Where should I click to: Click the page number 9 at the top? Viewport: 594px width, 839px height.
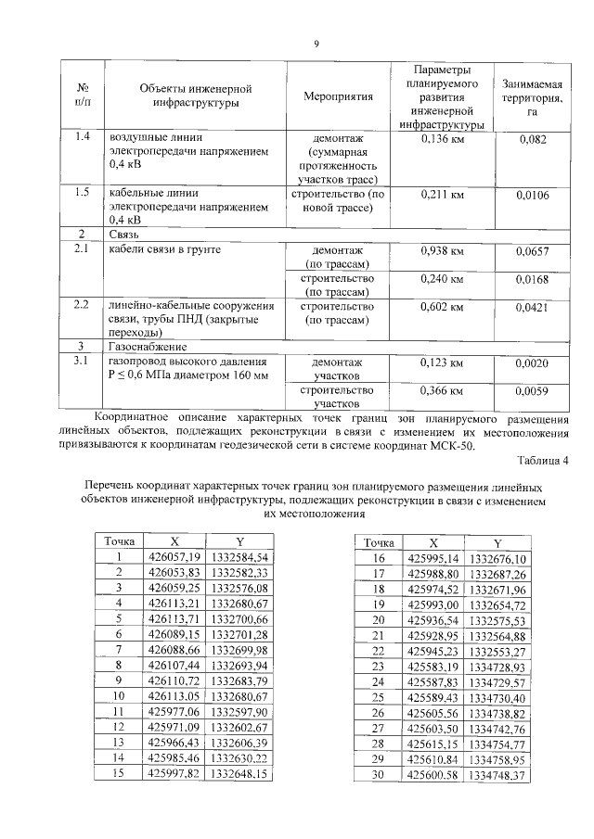(316, 44)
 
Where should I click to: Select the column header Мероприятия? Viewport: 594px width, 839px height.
(338, 95)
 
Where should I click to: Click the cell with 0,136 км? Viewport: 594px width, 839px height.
(442, 139)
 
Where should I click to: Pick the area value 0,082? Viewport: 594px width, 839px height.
(532, 140)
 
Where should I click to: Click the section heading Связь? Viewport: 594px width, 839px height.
(124, 234)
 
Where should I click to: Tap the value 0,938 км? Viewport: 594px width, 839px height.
(442, 250)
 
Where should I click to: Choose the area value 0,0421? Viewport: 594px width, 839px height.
(532, 307)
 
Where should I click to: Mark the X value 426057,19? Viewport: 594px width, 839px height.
(174, 557)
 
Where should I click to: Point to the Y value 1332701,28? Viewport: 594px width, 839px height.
(239, 634)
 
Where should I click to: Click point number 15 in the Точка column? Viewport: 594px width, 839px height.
(119, 772)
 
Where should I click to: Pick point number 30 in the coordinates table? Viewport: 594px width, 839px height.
(379, 774)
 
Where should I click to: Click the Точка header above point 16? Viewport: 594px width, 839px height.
(379, 542)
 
